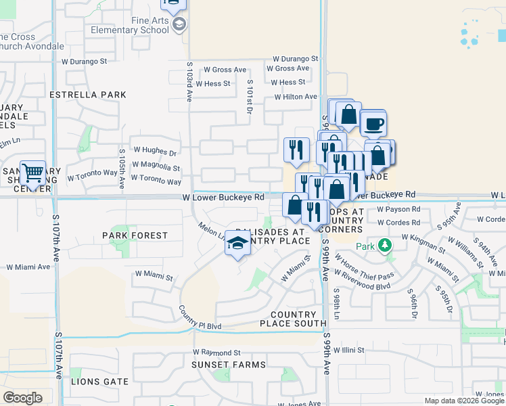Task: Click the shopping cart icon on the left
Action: point(32,173)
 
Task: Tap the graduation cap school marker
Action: point(237,244)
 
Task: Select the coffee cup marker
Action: point(372,124)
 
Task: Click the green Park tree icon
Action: point(385,245)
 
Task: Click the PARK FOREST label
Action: point(135,235)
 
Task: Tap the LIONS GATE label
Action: point(99,382)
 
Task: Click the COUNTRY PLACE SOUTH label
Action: point(293,319)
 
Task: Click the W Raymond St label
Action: point(216,353)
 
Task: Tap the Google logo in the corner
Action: point(22,398)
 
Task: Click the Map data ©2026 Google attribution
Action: point(463,401)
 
